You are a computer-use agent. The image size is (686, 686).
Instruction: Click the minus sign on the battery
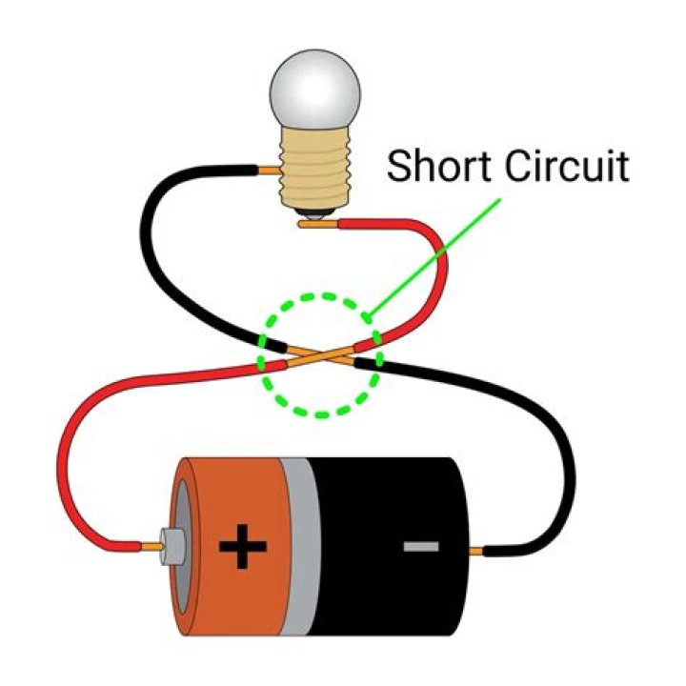[420, 547]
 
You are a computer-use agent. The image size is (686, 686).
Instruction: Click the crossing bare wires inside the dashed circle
[321, 357]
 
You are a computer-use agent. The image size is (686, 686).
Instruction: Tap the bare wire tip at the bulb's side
[270, 173]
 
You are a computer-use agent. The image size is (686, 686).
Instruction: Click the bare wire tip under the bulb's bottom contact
[314, 225]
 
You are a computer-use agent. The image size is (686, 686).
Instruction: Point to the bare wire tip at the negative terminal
[480, 550]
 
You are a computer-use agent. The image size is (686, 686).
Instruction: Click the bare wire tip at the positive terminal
[151, 548]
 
